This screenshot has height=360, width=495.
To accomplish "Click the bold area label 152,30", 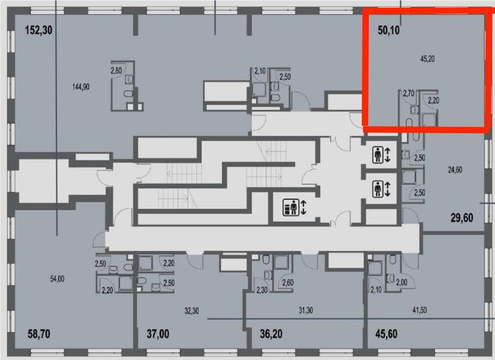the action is [38, 30].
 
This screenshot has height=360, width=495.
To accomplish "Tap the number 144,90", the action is [81, 86].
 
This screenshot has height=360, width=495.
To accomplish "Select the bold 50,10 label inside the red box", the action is [389, 30].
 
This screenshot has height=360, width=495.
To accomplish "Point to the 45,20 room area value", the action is [428, 59].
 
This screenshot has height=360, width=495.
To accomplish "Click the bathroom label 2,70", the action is [408, 93].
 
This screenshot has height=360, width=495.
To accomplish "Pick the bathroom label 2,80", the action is [116, 70].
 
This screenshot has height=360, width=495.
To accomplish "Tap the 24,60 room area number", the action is [455, 170].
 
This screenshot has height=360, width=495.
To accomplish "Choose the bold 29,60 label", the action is [462, 218].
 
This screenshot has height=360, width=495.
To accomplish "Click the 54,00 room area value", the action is [57, 279].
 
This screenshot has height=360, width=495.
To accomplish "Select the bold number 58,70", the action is [39, 334].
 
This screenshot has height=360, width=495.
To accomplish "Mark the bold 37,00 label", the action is [158, 334].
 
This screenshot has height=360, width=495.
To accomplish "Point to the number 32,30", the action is [191, 311].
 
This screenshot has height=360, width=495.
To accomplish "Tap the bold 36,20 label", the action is [271, 334].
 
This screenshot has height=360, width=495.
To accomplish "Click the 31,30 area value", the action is [305, 311].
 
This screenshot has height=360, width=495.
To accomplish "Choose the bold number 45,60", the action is [386, 334].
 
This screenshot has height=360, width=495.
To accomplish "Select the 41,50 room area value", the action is [419, 310].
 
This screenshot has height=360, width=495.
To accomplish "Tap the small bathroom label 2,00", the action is [402, 282].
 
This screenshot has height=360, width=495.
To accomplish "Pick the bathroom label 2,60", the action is [288, 282].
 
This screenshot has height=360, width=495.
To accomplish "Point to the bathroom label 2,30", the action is [262, 290].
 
